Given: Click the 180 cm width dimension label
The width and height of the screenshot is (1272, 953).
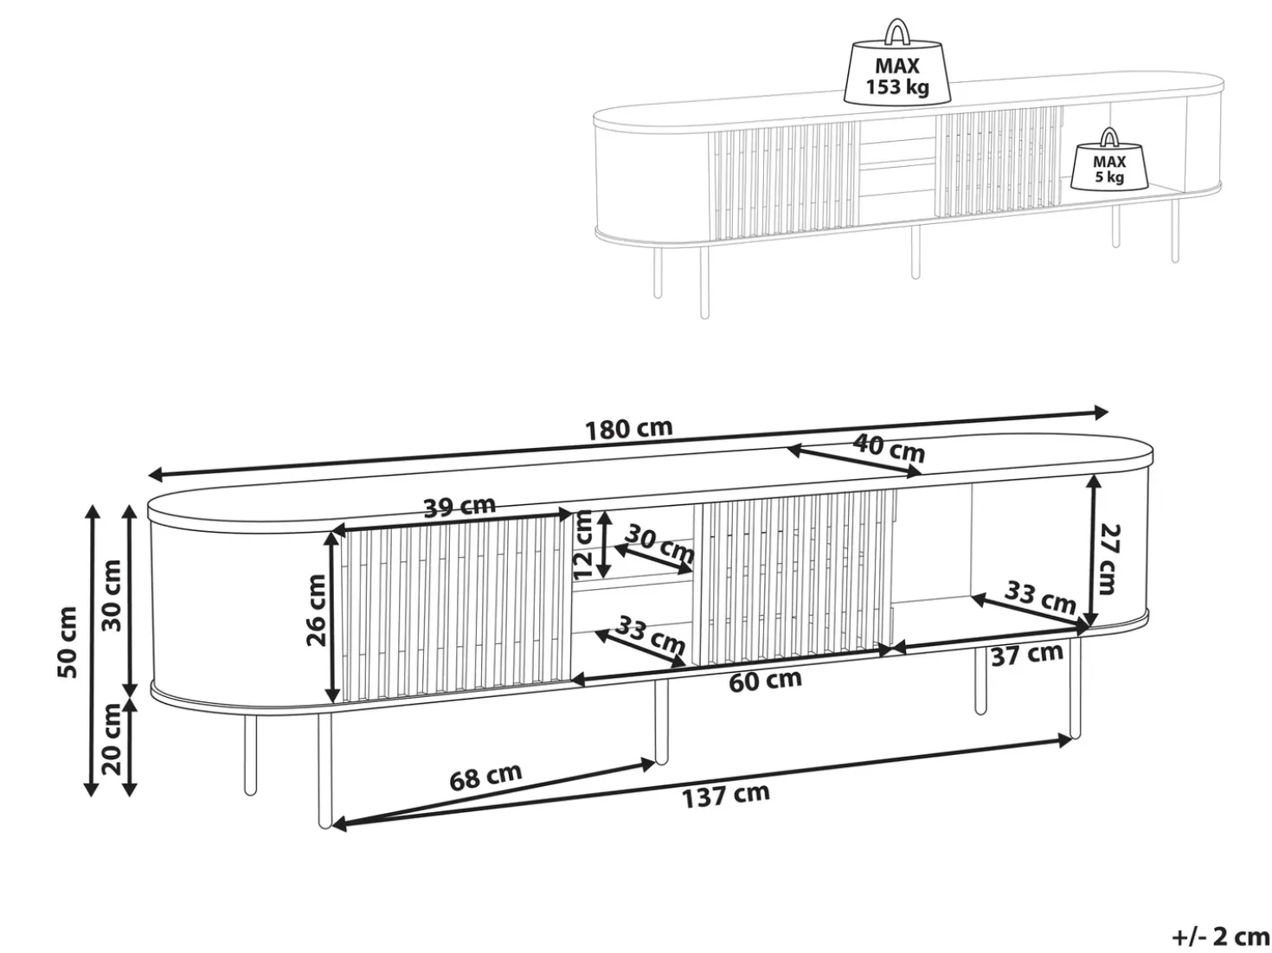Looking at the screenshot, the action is (x=628, y=429).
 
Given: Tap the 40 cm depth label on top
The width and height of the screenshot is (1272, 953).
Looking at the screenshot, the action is (x=889, y=448).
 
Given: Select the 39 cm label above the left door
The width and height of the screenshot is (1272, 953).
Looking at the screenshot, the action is (x=459, y=507).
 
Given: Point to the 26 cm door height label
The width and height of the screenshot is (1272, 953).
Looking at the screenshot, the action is (x=317, y=610).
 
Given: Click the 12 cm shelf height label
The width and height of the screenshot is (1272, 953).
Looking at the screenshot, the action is (x=582, y=545).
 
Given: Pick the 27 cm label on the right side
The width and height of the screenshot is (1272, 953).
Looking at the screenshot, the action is (x=1108, y=559).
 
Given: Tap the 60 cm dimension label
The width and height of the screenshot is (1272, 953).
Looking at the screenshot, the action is (x=765, y=681).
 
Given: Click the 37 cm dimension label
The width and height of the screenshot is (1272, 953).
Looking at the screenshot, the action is (x=1027, y=655).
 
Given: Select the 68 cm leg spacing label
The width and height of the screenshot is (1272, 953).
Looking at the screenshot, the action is (x=485, y=777).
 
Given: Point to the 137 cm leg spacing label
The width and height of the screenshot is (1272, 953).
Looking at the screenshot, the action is (x=725, y=796).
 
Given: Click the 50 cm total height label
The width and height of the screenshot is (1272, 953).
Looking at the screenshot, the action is (x=67, y=642).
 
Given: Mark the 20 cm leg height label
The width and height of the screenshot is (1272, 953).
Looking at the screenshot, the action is (x=112, y=739).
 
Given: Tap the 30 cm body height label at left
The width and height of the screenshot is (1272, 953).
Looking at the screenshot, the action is (x=112, y=595).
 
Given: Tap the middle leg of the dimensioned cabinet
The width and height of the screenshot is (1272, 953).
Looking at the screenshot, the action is (x=660, y=721).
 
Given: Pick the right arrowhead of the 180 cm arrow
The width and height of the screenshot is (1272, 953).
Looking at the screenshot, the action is (x=1100, y=413).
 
